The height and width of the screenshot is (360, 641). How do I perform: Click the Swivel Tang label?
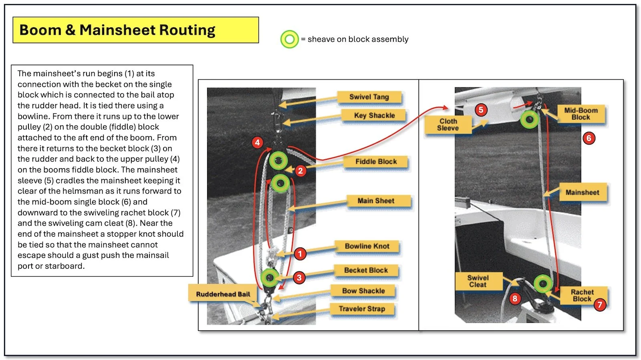(x=369, y=97)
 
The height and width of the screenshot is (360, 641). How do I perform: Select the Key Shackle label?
(x=374, y=115)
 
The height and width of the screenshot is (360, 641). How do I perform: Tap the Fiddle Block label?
(x=376, y=161)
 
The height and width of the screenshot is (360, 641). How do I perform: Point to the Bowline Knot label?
(x=367, y=246)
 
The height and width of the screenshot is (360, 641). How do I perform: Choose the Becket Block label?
(x=366, y=270)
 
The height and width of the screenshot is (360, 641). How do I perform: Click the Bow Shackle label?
(x=363, y=291)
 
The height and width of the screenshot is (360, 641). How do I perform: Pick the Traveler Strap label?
(x=362, y=309)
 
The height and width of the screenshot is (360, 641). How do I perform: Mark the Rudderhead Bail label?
(x=223, y=294)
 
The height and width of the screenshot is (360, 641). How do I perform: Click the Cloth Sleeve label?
(x=448, y=125)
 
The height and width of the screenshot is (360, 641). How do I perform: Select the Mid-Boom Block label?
(x=581, y=114)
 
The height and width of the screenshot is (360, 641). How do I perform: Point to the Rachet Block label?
(x=582, y=295)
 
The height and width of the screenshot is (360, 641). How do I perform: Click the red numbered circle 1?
(x=300, y=253)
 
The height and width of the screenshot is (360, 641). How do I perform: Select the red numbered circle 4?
(x=257, y=142)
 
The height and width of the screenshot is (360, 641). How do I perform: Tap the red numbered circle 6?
(x=589, y=138)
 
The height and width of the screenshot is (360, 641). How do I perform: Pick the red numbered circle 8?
(x=515, y=298)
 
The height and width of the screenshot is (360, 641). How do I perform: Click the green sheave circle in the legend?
(x=289, y=39)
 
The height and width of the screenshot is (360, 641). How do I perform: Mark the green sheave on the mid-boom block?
(x=530, y=119)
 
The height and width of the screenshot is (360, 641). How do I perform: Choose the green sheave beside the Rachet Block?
(x=543, y=284)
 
